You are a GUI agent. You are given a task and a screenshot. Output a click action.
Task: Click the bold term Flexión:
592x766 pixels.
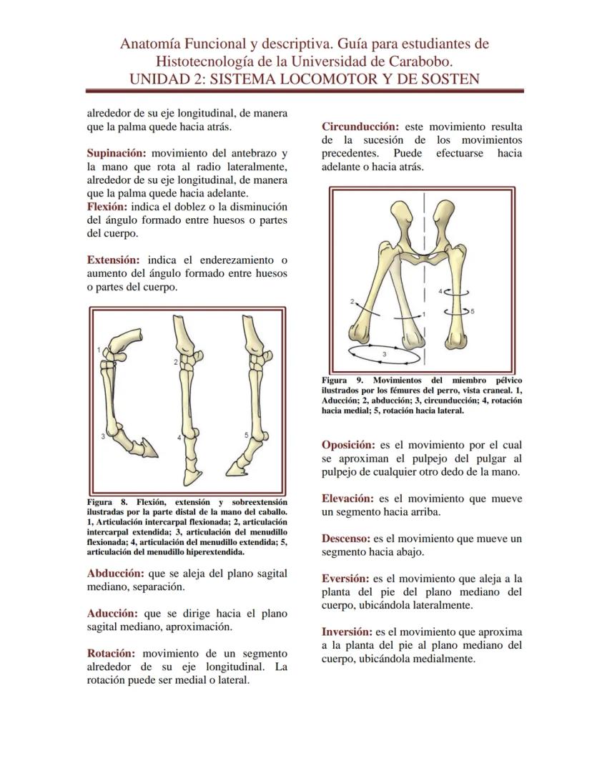click(x=109, y=207)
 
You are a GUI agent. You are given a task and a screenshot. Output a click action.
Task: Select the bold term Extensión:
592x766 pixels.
click(x=115, y=260)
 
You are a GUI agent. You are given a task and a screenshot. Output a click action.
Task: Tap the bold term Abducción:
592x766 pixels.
click(x=115, y=574)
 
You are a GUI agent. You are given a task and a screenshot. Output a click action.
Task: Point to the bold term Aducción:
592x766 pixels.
click(x=112, y=614)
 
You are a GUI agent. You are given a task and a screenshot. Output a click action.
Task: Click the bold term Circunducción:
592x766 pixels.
click(x=360, y=127)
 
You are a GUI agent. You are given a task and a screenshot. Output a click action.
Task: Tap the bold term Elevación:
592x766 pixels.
click(x=347, y=499)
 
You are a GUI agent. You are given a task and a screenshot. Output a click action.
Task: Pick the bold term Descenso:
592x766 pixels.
click(x=345, y=539)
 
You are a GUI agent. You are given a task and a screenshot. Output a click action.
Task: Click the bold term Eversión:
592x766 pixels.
click(x=345, y=579)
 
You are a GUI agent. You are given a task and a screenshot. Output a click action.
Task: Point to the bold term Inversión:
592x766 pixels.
click(x=347, y=632)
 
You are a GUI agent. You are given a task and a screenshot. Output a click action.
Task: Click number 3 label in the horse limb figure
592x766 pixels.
click(x=103, y=436)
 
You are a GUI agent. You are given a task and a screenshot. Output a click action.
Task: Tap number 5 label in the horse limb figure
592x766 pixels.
click(x=246, y=435)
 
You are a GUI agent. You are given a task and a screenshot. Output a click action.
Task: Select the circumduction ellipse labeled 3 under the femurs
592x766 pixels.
click(x=383, y=353)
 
